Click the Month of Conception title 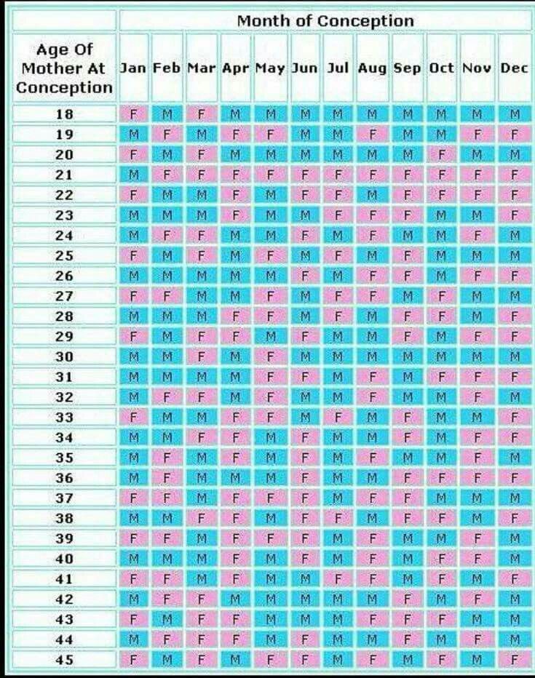[325, 20]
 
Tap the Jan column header [133, 68]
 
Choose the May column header [270, 68]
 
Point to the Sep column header [407, 68]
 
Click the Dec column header [515, 68]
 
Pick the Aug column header [372, 68]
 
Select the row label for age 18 [64, 114]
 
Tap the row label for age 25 [64, 256]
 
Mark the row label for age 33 [64, 418]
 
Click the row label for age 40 [64, 559]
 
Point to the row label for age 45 [64, 660]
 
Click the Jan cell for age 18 [133, 114]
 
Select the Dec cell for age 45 [515, 660]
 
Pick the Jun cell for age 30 [305, 357]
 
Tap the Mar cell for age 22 [201, 195]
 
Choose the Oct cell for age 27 [440, 296]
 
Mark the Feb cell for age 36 [167, 478]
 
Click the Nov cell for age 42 [477, 599]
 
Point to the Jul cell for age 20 [338, 155]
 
